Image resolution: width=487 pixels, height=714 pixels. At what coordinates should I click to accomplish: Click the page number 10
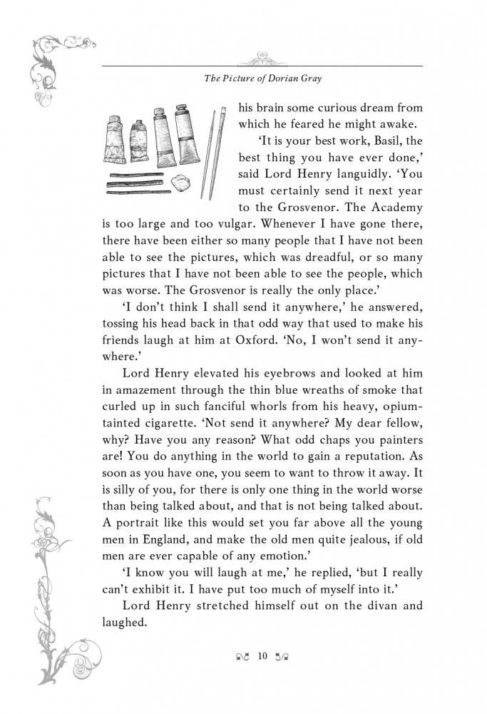[x=263, y=656]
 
